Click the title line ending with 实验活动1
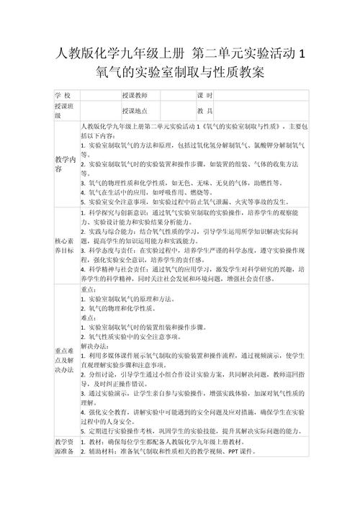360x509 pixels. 180,54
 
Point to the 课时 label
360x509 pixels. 204,96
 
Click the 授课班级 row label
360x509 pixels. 65,110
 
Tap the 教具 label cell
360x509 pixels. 204,110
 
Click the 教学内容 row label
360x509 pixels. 65,163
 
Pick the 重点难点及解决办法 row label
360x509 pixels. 65,360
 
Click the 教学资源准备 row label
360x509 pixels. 65,446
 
